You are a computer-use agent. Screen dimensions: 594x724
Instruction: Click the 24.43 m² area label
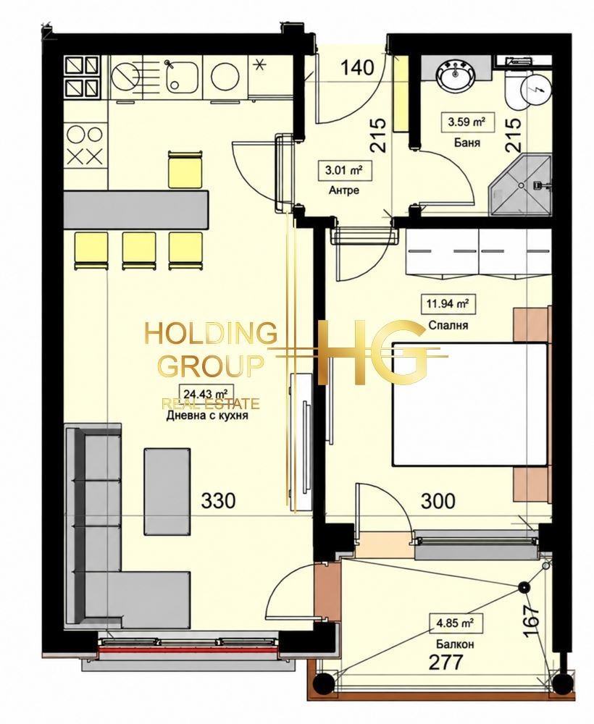click(205, 394)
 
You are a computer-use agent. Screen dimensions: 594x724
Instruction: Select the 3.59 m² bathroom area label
click(466, 122)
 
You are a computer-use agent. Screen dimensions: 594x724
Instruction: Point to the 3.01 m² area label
click(343, 170)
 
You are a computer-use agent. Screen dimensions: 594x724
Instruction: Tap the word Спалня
click(448, 326)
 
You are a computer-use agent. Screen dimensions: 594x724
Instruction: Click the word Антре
click(343, 190)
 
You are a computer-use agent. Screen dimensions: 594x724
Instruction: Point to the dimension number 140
click(356, 68)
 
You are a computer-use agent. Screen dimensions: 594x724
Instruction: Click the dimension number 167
click(532, 621)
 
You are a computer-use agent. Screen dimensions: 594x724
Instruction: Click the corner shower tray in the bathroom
click(520, 185)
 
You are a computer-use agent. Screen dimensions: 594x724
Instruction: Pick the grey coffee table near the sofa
click(167, 492)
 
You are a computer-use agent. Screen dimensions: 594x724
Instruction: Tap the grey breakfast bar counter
click(136, 209)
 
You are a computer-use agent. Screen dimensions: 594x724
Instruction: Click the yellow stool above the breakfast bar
click(185, 169)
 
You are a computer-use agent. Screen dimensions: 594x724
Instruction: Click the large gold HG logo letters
click(372, 353)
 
